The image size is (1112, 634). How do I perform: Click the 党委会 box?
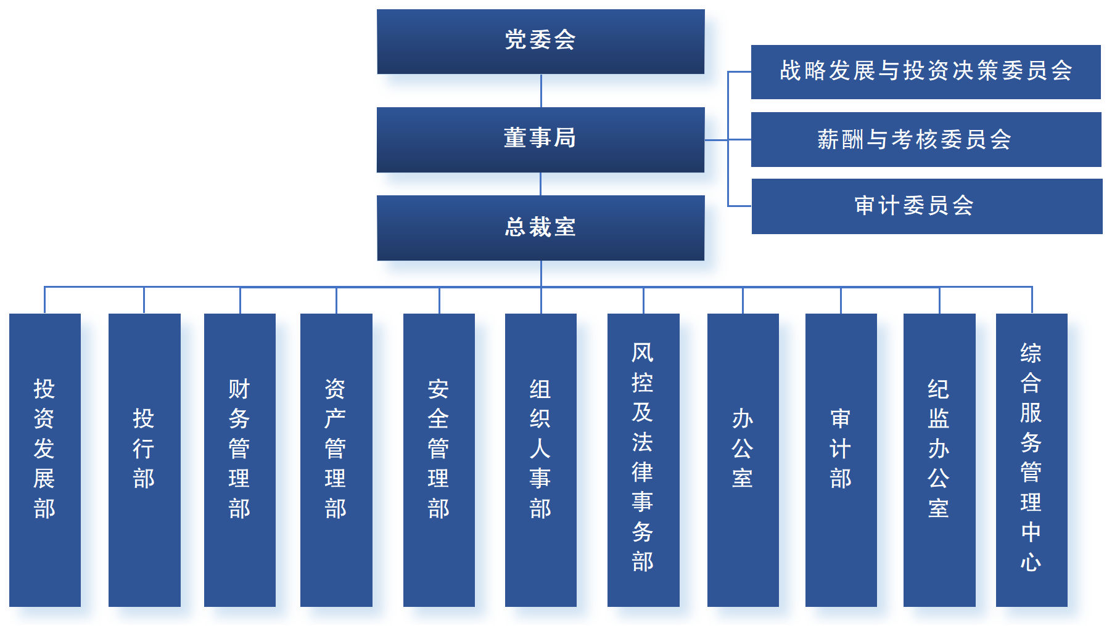click(x=540, y=41)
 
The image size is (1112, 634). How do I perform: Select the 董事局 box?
click(x=540, y=139)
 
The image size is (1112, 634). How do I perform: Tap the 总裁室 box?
click(x=540, y=227)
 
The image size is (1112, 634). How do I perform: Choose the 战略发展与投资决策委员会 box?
click(x=926, y=71)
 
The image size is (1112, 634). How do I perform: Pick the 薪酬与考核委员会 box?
click(x=926, y=139)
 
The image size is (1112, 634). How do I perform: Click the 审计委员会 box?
click(x=926, y=206)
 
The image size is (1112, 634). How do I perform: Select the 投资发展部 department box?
click(x=45, y=460)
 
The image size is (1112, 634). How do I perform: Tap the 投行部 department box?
click(x=144, y=460)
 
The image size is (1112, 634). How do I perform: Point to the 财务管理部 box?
click(x=240, y=460)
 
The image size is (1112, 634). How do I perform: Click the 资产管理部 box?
click(x=336, y=460)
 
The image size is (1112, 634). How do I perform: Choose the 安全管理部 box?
click(x=439, y=460)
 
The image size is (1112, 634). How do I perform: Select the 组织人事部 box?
click(x=541, y=460)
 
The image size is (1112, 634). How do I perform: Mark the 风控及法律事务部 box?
click(x=643, y=460)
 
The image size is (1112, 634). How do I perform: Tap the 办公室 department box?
click(x=743, y=460)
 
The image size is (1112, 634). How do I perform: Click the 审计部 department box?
click(x=841, y=460)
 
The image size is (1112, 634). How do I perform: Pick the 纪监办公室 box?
click(x=939, y=460)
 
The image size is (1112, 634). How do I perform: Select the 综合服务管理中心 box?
click(x=1032, y=460)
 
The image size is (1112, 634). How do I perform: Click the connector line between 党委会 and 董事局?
click(x=541, y=91)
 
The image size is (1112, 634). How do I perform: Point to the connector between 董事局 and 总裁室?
click(x=541, y=184)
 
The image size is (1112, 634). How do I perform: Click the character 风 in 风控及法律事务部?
click(x=643, y=353)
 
